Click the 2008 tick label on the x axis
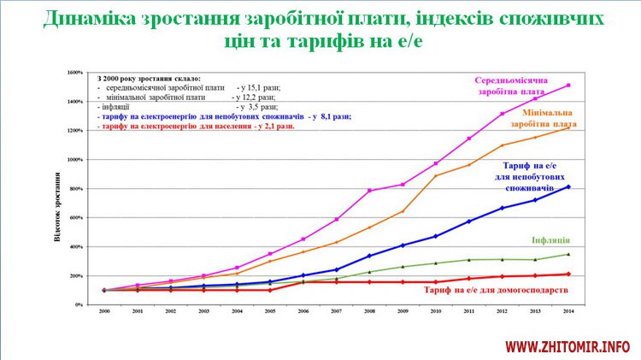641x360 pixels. pyautogui.click(x=369, y=313)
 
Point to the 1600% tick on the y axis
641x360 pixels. pyautogui.click(x=75, y=73)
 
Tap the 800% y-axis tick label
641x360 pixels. pyautogui.click(x=76, y=189)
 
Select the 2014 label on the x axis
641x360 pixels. pyautogui.click(x=568, y=313)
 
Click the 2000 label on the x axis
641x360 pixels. pyautogui.click(x=104, y=313)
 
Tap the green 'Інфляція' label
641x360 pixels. pyautogui.click(x=550, y=240)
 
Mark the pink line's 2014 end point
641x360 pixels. pyautogui.click(x=568, y=85)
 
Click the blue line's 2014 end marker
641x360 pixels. pyautogui.click(x=568, y=186)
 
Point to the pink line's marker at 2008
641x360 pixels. pyautogui.click(x=369, y=191)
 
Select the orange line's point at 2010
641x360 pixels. pyautogui.click(x=435, y=176)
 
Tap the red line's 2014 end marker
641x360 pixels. pyautogui.click(x=568, y=274)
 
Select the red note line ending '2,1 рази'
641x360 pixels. pyautogui.click(x=197, y=126)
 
